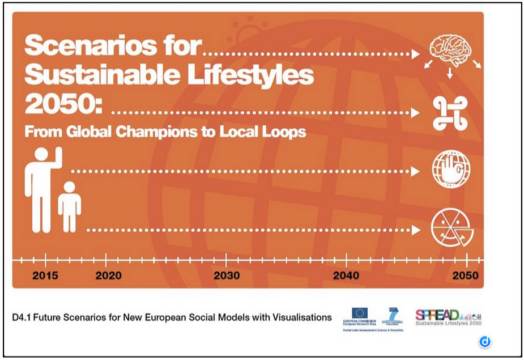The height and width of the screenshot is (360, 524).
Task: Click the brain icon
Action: [x=451, y=48]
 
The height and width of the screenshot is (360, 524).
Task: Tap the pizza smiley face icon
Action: [x=451, y=228]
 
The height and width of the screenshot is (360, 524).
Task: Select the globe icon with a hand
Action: [x=451, y=168]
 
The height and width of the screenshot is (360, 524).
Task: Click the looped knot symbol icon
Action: [x=450, y=112]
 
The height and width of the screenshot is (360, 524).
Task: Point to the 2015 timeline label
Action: [x=45, y=276]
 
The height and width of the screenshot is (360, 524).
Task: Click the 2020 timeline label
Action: [x=108, y=276]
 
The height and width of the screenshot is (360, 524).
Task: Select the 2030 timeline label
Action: [x=227, y=276]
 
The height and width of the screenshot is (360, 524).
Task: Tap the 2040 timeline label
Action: [x=346, y=276]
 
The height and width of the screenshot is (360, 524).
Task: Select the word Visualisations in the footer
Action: [x=297, y=317]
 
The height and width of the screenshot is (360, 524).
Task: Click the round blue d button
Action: [x=485, y=341]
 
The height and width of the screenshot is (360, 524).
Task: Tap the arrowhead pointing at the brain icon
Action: [x=416, y=54]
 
